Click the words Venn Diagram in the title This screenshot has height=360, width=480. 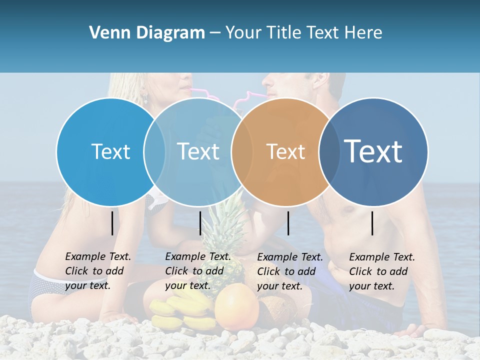tap(146, 33)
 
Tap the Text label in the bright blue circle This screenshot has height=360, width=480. tap(110, 151)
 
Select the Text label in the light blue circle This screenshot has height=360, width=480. tap(198, 151)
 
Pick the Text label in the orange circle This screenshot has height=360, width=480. tap(285, 151)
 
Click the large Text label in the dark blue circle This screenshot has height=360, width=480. tap(373, 151)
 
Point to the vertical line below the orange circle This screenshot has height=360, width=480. tap(288, 223)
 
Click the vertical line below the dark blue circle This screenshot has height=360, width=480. tap(372, 223)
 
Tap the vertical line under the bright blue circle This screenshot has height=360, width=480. tap(112, 223)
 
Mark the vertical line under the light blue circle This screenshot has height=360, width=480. tap(200, 223)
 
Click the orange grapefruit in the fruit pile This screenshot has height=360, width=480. tap(236, 306)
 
